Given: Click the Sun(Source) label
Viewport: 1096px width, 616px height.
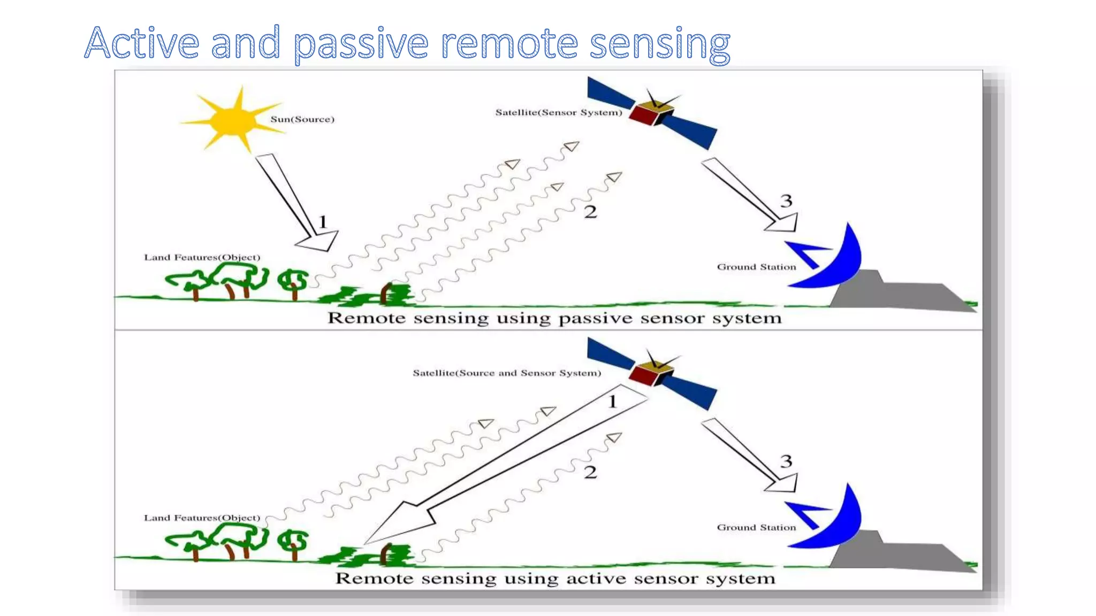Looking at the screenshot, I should tap(302, 119).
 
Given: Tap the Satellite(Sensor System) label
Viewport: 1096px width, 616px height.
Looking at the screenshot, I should tap(559, 112).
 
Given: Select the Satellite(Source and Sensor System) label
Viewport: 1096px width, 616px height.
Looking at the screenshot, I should tap(507, 373).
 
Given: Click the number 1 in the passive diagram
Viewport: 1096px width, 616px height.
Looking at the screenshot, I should tap(323, 221).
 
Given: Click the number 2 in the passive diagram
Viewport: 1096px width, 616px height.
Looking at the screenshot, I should tap(590, 212).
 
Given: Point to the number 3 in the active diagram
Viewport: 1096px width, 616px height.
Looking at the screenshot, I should tap(786, 461).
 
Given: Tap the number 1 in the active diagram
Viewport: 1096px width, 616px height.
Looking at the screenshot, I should tap(613, 401).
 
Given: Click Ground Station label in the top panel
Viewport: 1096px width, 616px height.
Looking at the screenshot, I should tap(756, 267).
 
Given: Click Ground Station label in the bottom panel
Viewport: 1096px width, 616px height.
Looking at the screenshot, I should tap(756, 527).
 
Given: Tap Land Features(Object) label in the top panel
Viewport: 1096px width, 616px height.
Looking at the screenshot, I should tap(202, 257).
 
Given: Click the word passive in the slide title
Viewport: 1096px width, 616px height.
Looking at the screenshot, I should tap(361, 44).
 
